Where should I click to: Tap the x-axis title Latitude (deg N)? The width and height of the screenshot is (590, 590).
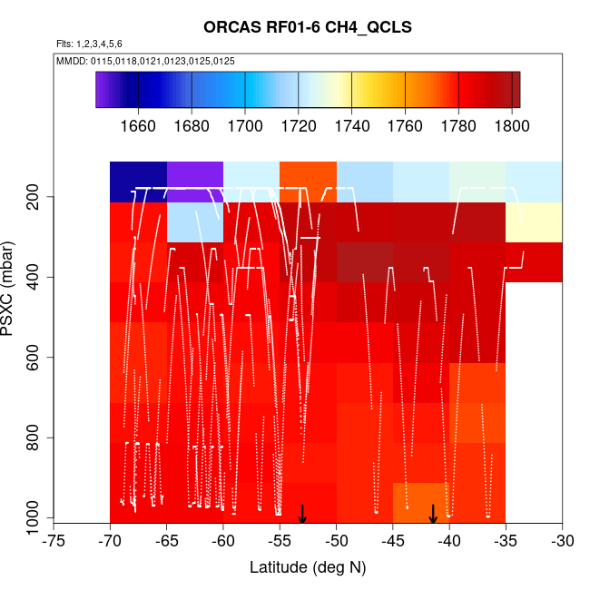coord(307,567)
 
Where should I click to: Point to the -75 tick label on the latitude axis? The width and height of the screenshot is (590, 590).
coord(54,541)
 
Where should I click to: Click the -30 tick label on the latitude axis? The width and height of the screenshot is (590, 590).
coord(562,541)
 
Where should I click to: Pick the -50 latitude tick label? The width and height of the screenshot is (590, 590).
coord(336,541)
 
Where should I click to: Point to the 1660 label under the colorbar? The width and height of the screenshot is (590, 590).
coord(138,126)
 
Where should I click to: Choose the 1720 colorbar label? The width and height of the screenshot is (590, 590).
coord(298,126)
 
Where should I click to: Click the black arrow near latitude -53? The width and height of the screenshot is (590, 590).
coord(302,514)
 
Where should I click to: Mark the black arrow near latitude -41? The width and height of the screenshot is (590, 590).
coord(433,514)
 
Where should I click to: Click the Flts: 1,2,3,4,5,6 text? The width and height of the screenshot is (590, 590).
coord(89,44)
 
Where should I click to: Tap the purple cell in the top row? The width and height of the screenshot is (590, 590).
coord(195,182)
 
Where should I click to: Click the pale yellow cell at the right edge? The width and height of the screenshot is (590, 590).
coord(534,222)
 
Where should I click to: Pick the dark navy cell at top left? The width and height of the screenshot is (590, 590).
coord(138,182)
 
